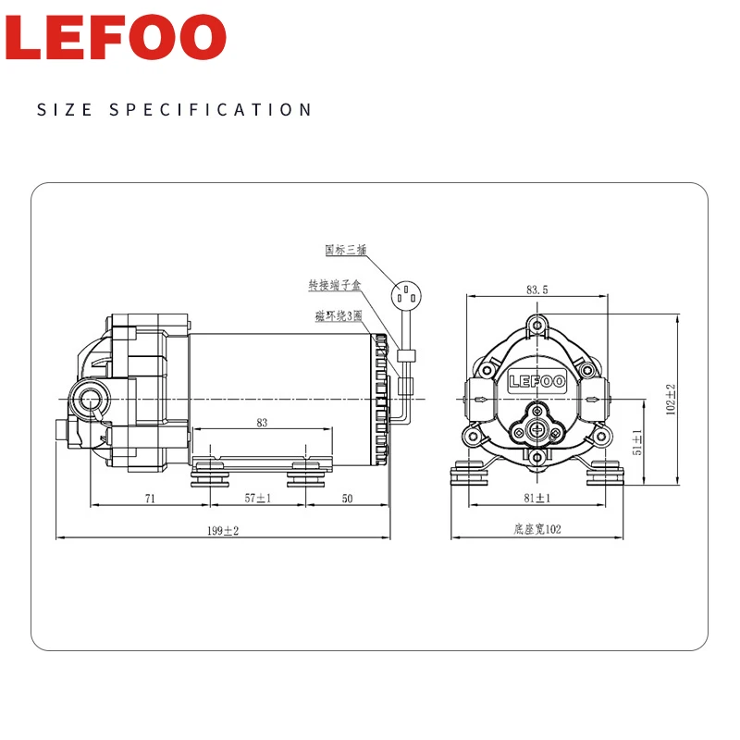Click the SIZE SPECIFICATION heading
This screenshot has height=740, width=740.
click(175, 110)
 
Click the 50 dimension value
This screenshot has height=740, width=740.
click(347, 498)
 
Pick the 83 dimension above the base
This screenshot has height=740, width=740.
click(261, 423)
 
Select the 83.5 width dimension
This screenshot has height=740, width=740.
click(537, 290)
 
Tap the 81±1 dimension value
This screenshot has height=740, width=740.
click(537, 498)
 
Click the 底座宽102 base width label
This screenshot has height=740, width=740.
click(537, 529)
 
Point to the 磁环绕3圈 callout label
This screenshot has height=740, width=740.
click(339, 316)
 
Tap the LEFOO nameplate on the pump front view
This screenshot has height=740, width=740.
click(536, 379)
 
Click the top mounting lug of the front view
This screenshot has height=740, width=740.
click(537, 325)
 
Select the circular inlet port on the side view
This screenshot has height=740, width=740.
click(92, 400)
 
